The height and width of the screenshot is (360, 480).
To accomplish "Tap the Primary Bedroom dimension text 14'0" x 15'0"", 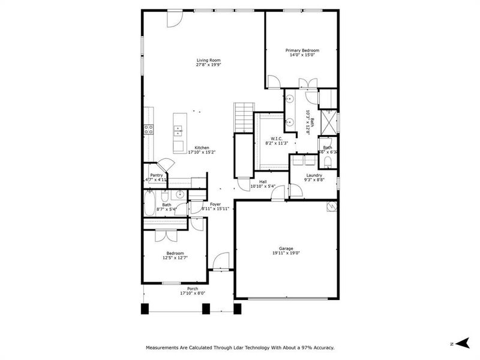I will point(302,55).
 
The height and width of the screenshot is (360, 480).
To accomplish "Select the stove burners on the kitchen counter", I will point(148,128).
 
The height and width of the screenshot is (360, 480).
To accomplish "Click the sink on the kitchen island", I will point(178,128).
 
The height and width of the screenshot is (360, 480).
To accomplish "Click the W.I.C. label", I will point(277,139).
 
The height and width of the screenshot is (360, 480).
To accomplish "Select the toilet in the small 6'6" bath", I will point(329,161).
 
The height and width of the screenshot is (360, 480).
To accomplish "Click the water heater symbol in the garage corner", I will point(331,206).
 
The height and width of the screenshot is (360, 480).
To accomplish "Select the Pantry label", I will point(156,175).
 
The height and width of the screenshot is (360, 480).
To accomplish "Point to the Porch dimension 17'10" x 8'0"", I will point(193,293).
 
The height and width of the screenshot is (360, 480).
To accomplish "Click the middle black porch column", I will point(206,308).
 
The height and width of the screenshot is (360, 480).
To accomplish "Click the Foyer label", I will point(215,204).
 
